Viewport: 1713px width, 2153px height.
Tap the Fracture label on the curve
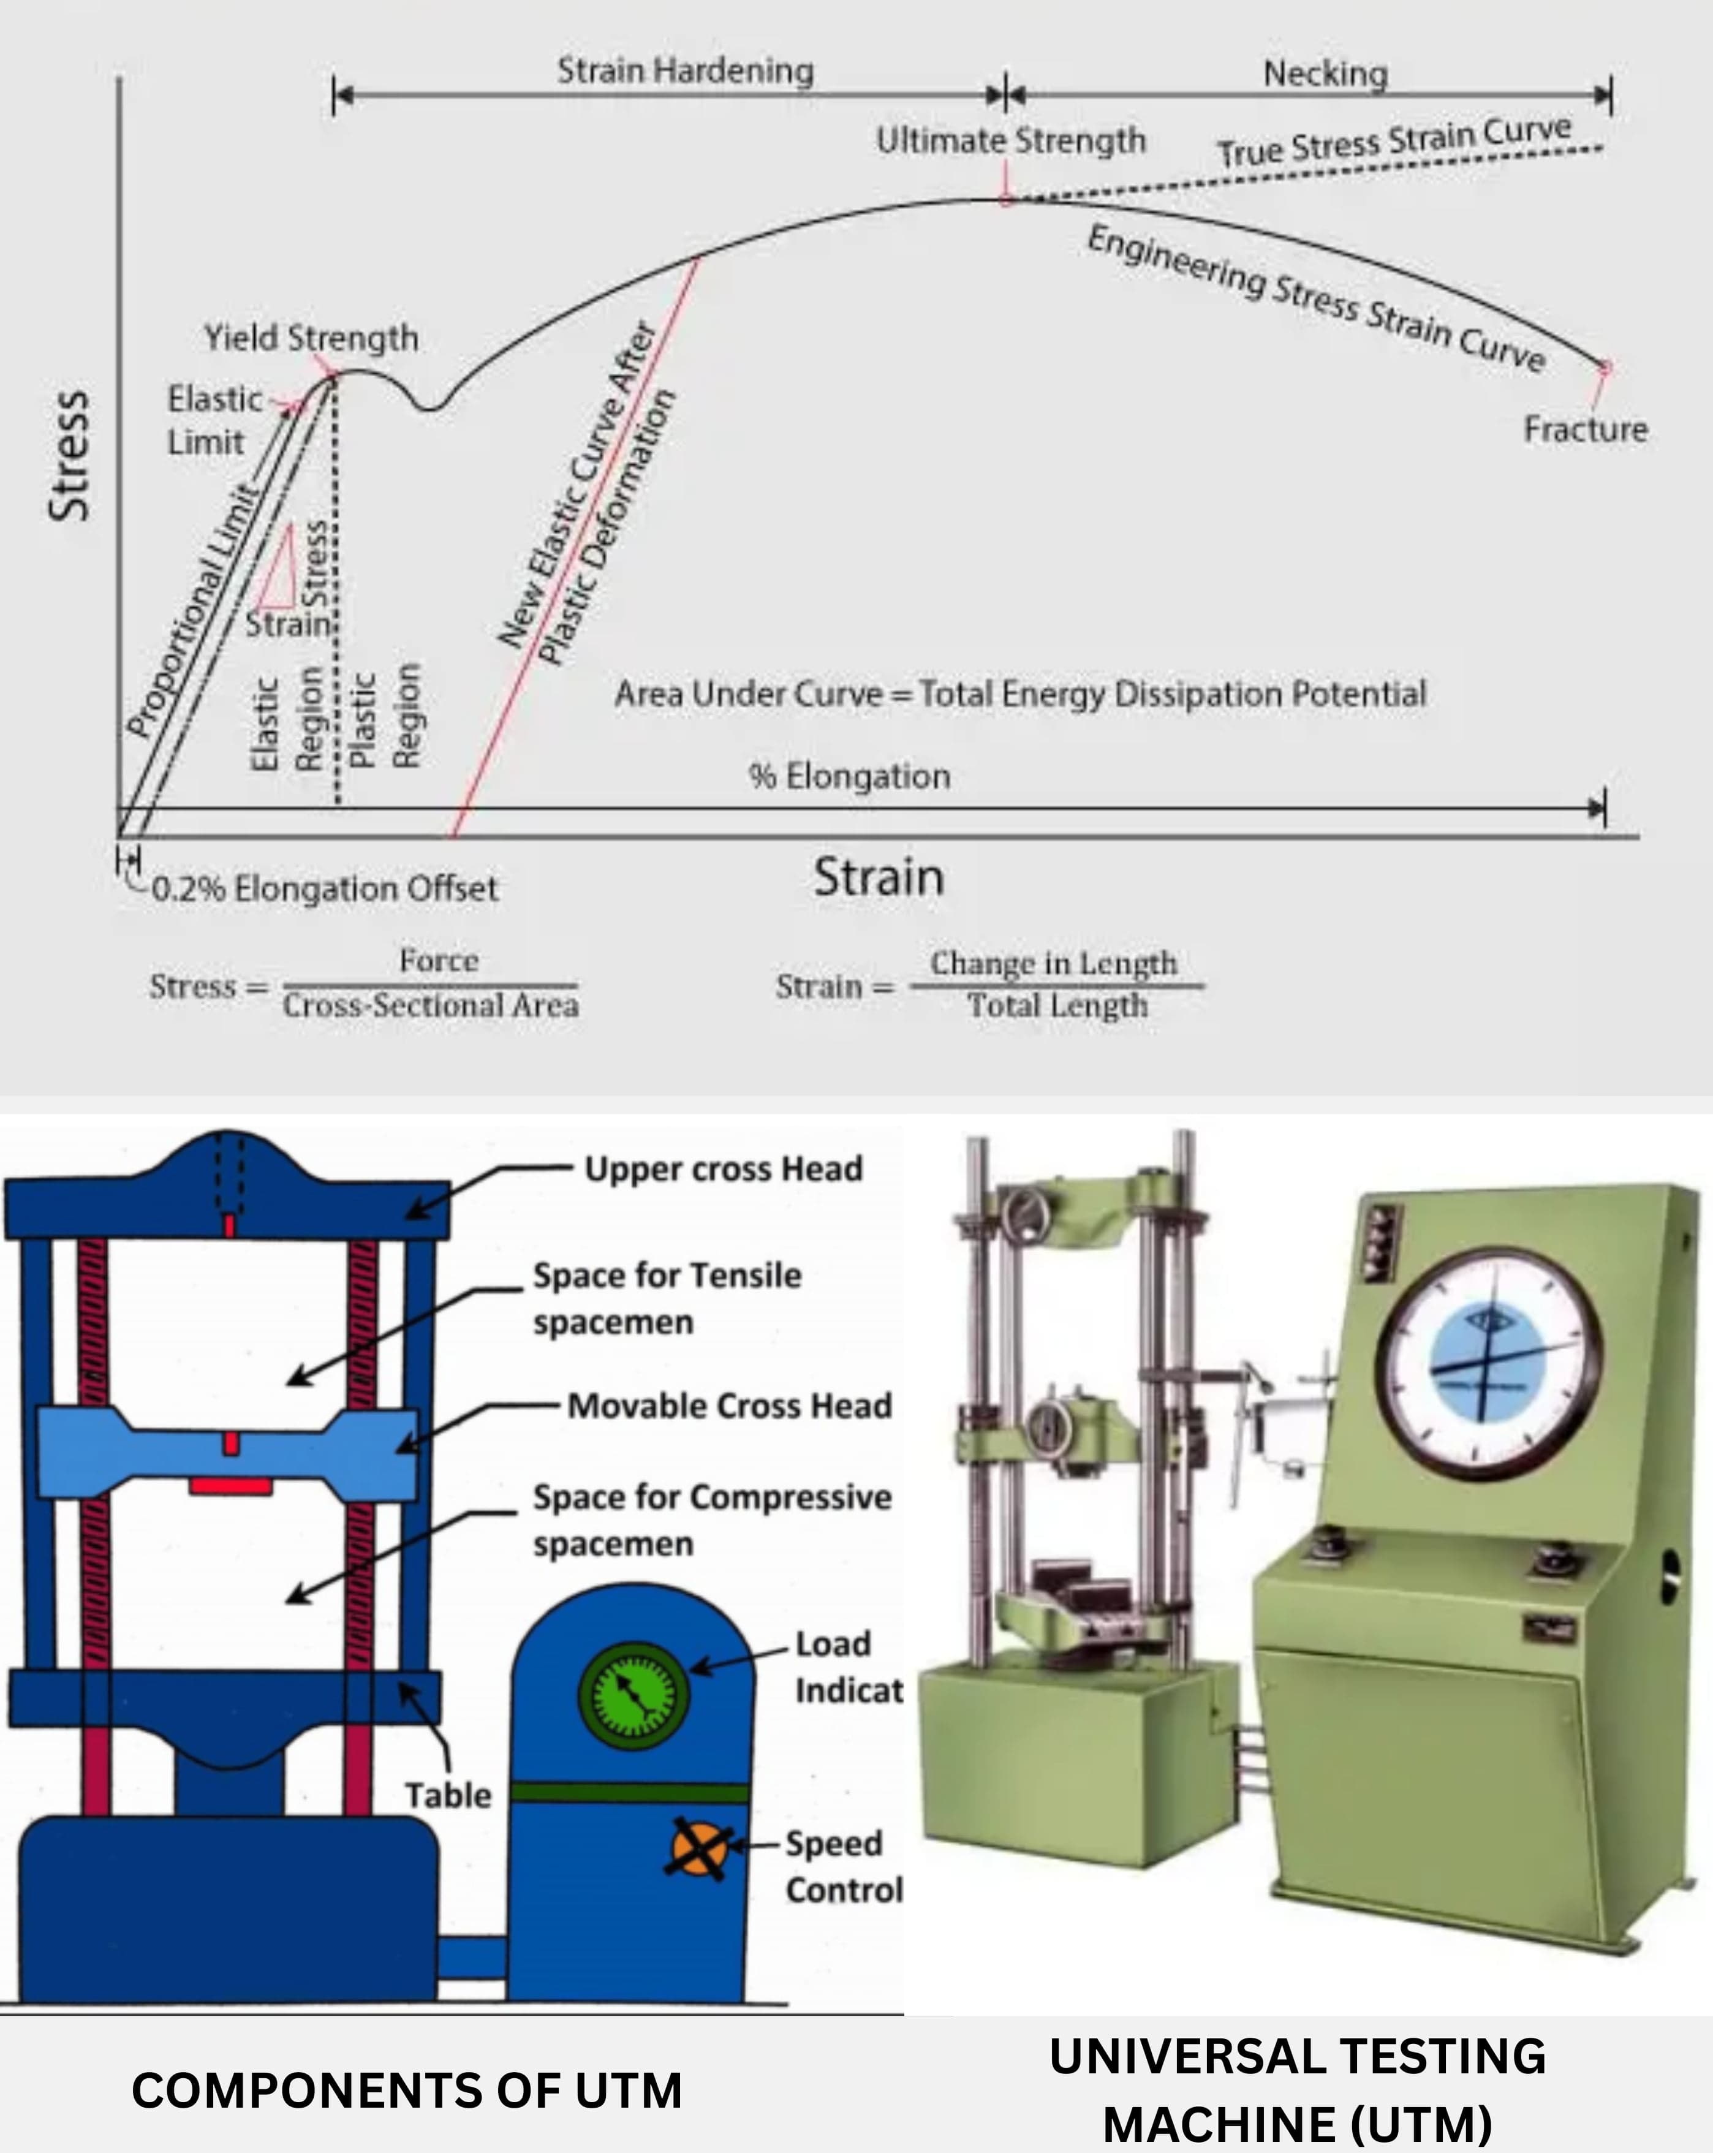pyautogui.click(x=1585, y=429)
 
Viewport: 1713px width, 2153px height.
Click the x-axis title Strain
pyautogui.click(x=878, y=877)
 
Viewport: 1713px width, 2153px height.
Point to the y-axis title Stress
pyautogui.click(x=69, y=455)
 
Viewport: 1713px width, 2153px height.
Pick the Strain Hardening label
pyautogui.click(x=685, y=71)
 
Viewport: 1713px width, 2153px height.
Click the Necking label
pyautogui.click(x=1325, y=73)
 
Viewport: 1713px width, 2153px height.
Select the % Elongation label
pyautogui.click(x=849, y=776)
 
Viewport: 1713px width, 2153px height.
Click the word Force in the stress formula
pyautogui.click(x=439, y=961)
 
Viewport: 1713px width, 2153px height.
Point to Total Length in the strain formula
pyautogui.click(x=1057, y=1005)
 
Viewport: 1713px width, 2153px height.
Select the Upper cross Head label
pyautogui.click(x=723, y=1168)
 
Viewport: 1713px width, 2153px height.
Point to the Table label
pyautogui.click(x=447, y=1795)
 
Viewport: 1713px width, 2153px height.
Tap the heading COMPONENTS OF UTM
pyautogui.click(x=407, y=2090)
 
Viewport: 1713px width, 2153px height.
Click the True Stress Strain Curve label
pyautogui.click(x=1393, y=142)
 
